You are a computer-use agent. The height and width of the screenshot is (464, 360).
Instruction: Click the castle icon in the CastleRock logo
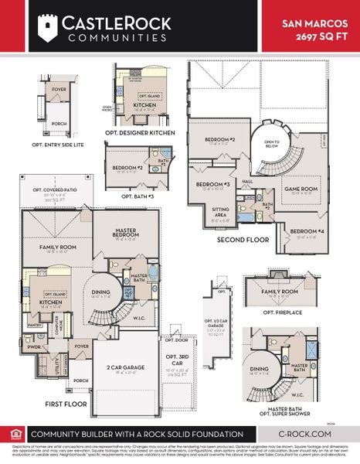pos(48,29)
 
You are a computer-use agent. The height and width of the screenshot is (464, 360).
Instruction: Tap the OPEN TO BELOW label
pos(272,144)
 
